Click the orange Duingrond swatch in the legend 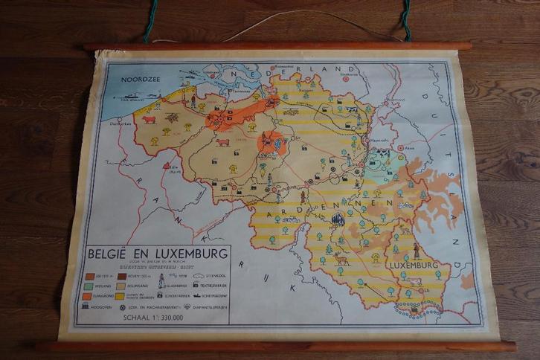tap(94, 296)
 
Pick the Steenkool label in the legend tap(210, 275)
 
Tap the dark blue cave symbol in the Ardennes tap(338, 219)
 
